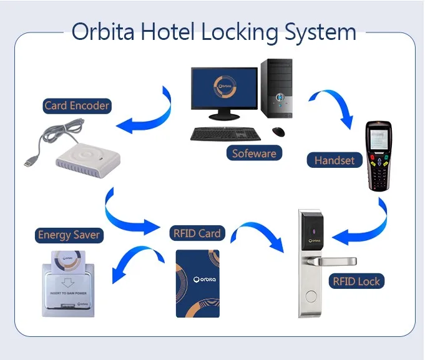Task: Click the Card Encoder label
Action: click(x=77, y=105)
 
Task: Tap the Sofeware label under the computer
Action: click(x=253, y=153)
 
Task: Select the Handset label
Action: click(x=334, y=160)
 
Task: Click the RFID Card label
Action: click(x=196, y=233)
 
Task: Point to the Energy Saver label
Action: click(x=69, y=235)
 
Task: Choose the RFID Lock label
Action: click(x=356, y=281)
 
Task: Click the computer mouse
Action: click(x=279, y=132)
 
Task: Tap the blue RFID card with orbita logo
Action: click(x=198, y=283)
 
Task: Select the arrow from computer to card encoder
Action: click(x=147, y=119)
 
